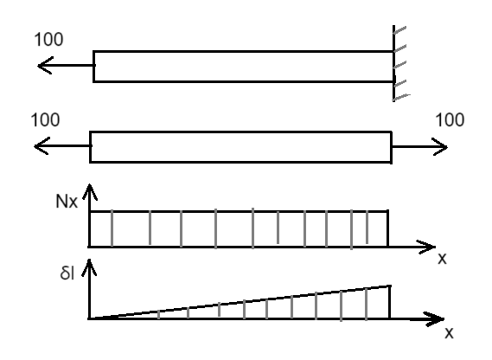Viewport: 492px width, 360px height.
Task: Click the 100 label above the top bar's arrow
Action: click(x=48, y=40)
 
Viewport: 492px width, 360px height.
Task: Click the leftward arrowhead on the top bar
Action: click(x=45, y=66)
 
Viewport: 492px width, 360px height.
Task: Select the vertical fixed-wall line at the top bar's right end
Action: click(x=393, y=63)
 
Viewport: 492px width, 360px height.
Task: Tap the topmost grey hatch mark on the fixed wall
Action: click(x=399, y=30)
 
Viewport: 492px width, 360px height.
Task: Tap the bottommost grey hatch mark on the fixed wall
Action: click(x=402, y=97)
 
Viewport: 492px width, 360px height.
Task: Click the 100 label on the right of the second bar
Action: click(x=450, y=120)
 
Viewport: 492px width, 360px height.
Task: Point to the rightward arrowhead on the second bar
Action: click(x=440, y=147)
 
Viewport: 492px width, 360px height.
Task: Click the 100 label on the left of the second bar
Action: click(x=45, y=120)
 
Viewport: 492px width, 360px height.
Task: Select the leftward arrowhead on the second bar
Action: click(x=42, y=146)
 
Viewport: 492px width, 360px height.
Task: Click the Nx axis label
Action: click(x=67, y=202)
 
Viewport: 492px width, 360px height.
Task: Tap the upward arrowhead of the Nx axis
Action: click(x=90, y=192)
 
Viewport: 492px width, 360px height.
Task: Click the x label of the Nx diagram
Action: click(x=442, y=259)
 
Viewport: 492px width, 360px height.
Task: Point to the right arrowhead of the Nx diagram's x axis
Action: click(x=426, y=247)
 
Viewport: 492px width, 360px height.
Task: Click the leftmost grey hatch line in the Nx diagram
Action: click(x=112, y=228)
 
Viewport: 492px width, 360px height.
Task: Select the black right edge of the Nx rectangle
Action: click(x=388, y=228)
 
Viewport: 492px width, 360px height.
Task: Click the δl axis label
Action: click(x=67, y=273)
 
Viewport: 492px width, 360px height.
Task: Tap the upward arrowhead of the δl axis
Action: click(x=89, y=268)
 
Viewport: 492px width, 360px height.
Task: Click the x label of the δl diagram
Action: click(x=449, y=332)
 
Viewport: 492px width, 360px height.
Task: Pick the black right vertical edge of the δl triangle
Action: click(x=390, y=302)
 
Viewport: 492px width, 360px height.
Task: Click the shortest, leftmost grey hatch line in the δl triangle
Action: click(x=158, y=314)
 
